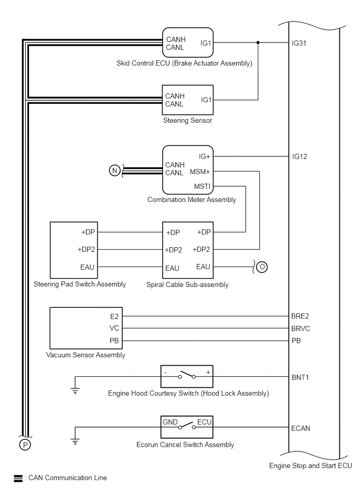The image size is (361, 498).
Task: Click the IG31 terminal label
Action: (299, 43)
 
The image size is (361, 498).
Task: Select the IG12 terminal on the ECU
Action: (300, 156)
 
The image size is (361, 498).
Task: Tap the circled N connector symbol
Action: (114, 171)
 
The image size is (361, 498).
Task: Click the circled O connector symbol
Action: (262, 267)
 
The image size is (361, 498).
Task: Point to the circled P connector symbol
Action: (25, 444)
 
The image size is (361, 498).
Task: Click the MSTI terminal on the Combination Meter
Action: (202, 186)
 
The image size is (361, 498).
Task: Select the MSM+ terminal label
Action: (200, 172)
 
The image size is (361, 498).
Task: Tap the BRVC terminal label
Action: (300, 329)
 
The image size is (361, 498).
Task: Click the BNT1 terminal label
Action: (300, 378)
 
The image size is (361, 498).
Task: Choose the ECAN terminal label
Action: (300, 428)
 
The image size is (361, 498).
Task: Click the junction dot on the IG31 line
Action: (258, 42)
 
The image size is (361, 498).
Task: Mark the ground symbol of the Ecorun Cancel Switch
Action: (75, 442)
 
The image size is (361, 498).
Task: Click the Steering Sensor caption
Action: (188, 121)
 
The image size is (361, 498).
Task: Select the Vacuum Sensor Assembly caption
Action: (86, 355)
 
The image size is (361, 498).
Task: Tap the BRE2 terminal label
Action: (300, 316)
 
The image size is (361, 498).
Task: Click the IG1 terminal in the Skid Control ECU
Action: (206, 43)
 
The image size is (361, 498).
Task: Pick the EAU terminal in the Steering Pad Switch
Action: (87, 268)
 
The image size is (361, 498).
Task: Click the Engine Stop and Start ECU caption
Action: (311, 466)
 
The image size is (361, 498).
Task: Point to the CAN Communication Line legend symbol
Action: (18, 478)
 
